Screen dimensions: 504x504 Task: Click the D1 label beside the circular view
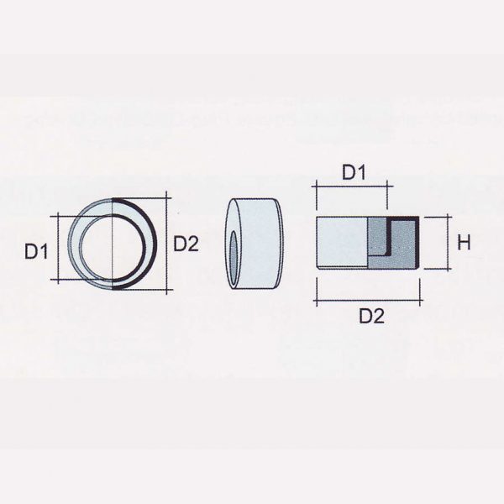coord(34,249)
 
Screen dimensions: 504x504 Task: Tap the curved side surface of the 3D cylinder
coord(260,244)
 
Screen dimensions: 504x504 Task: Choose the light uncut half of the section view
coord(340,242)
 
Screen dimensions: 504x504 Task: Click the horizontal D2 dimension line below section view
coord(367,300)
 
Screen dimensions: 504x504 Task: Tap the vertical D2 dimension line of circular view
coord(169,244)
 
